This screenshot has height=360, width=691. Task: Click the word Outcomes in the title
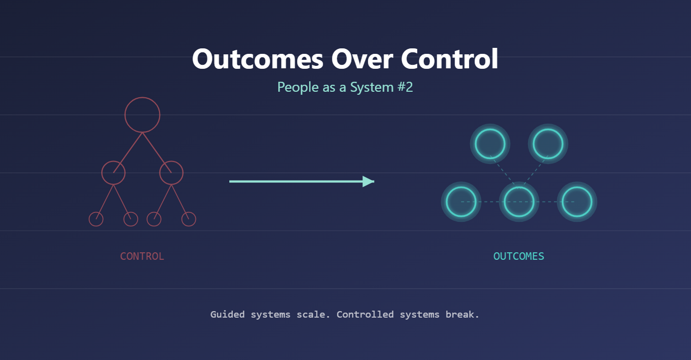(x=258, y=59)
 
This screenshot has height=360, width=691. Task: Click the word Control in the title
(x=450, y=59)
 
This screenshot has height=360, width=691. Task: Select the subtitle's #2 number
(x=405, y=87)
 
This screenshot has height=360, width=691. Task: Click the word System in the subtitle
(x=372, y=87)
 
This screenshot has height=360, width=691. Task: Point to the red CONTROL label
(x=142, y=256)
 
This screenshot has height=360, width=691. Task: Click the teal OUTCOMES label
(x=518, y=256)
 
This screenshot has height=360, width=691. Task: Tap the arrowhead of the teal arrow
(x=369, y=181)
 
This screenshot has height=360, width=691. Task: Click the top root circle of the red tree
(x=142, y=115)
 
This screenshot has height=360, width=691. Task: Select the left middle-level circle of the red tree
(x=113, y=173)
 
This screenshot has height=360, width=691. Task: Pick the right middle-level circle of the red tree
(x=171, y=173)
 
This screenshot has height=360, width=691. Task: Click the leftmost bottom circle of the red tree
(x=96, y=219)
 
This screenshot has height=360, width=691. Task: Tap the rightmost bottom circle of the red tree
(x=188, y=219)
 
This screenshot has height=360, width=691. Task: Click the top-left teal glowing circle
(x=490, y=144)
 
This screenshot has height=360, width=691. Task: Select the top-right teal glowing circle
(x=548, y=144)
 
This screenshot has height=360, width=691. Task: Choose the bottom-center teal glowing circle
(x=519, y=202)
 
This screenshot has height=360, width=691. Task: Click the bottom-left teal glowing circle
(x=461, y=202)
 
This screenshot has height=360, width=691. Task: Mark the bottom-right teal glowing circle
(x=577, y=202)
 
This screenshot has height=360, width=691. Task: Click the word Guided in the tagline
(x=227, y=315)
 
